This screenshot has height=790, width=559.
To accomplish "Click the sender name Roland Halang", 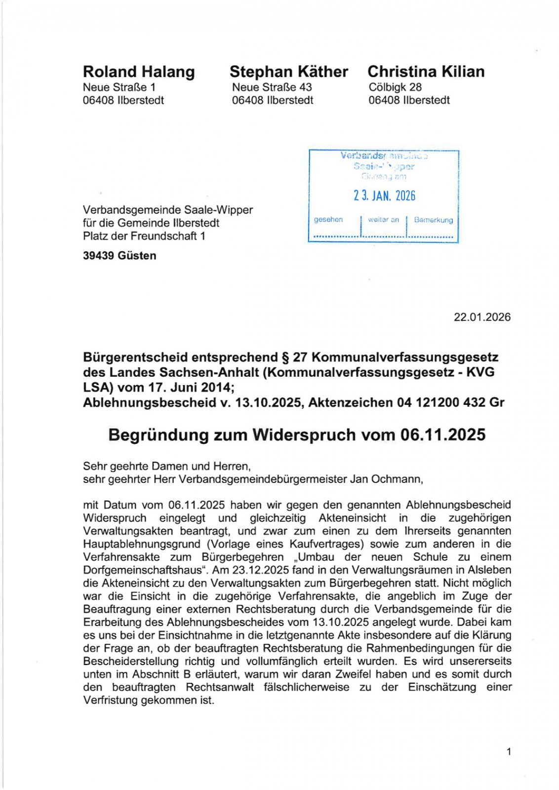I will (x=139, y=72).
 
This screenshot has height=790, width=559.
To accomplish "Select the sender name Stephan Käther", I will (x=288, y=72).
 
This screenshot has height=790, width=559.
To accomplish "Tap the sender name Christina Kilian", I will (x=426, y=72).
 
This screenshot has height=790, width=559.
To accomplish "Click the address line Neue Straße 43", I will (x=272, y=87).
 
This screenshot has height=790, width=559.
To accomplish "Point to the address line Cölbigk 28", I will (x=395, y=87).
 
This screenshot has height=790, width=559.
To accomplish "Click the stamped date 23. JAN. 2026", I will (x=384, y=196).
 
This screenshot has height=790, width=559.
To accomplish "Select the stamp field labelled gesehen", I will (x=328, y=220).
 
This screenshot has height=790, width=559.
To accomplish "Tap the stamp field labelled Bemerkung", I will (x=433, y=220).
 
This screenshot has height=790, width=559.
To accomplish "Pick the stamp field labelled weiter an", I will (x=383, y=220).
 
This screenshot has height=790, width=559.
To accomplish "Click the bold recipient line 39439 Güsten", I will (x=120, y=256).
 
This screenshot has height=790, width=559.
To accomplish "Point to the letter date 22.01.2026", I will (x=482, y=317).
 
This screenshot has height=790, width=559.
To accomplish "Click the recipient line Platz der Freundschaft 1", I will (x=144, y=236).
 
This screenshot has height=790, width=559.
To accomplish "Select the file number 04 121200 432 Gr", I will (x=451, y=403).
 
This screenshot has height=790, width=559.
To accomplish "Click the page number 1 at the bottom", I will (x=509, y=752).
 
